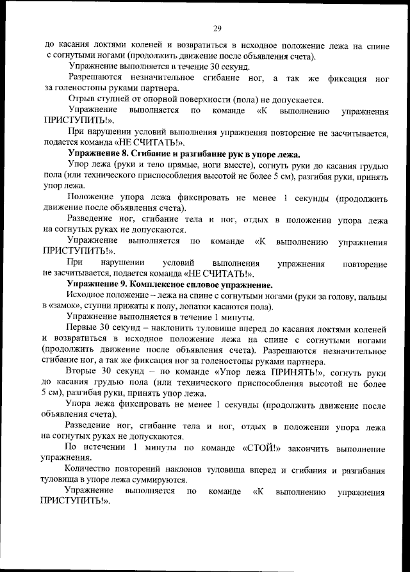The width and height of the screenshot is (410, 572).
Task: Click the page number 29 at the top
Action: (x=217, y=28)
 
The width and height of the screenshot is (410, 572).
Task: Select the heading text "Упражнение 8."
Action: (x=102, y=154)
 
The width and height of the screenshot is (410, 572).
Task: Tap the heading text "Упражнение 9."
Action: (x=102, y=284)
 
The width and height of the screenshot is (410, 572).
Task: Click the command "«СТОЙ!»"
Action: (x=263, y=447)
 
